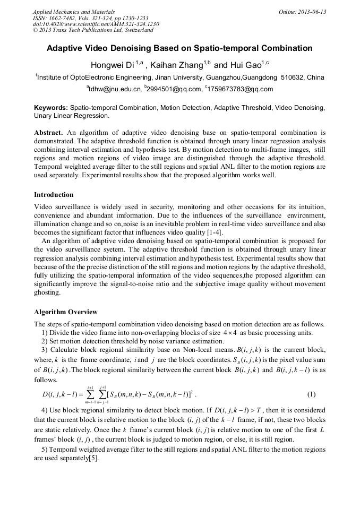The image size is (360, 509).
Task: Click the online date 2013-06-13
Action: pos(312,12)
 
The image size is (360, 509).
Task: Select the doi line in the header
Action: pos(96,24)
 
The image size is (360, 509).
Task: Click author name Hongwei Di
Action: pos(113,65)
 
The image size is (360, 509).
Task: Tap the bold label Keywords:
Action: pos(51,107)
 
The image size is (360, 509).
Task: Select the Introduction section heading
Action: pos(54,195)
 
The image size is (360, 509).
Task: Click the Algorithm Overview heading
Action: pos(65,312)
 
